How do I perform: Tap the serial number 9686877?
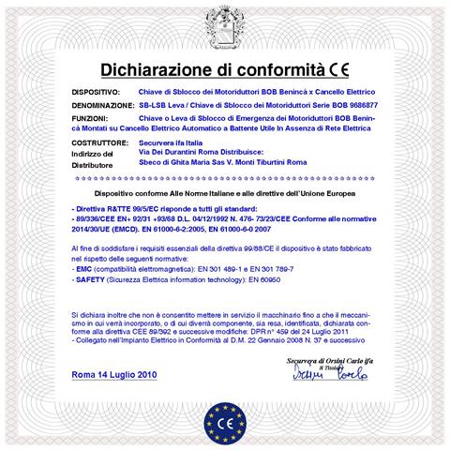pos(355,107)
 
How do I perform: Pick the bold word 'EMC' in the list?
pos(83,269)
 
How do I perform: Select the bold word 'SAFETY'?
pos(89,279)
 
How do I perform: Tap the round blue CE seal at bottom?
pos(225,416)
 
